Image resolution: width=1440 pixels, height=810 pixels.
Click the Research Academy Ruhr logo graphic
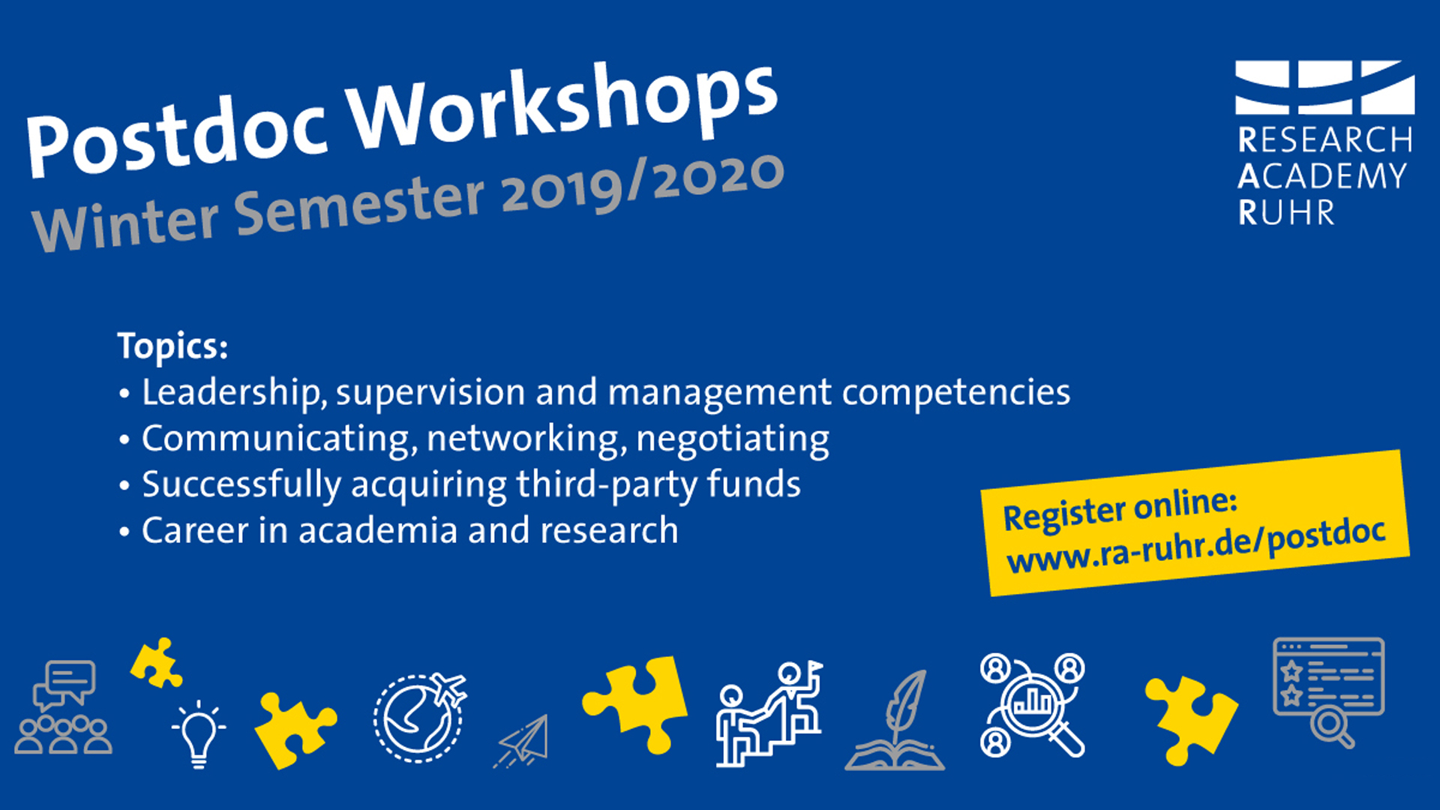click(x=1324, y=87)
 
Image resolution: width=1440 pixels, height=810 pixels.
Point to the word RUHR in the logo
click(x=1286, y=213)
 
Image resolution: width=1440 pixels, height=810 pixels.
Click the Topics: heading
click(x=172, y=346)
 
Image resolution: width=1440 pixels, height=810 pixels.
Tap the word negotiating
click(x=733, y=439)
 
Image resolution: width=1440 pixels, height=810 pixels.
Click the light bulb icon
click(x=199, y=733)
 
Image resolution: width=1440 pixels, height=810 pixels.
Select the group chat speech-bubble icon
click(x=64, y=706)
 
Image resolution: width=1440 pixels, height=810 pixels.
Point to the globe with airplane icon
click(x=420, y=718)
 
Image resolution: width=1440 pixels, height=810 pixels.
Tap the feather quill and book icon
click(x=895, y=720)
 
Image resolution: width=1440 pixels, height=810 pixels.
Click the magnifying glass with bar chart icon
click(x=1033, y=705)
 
